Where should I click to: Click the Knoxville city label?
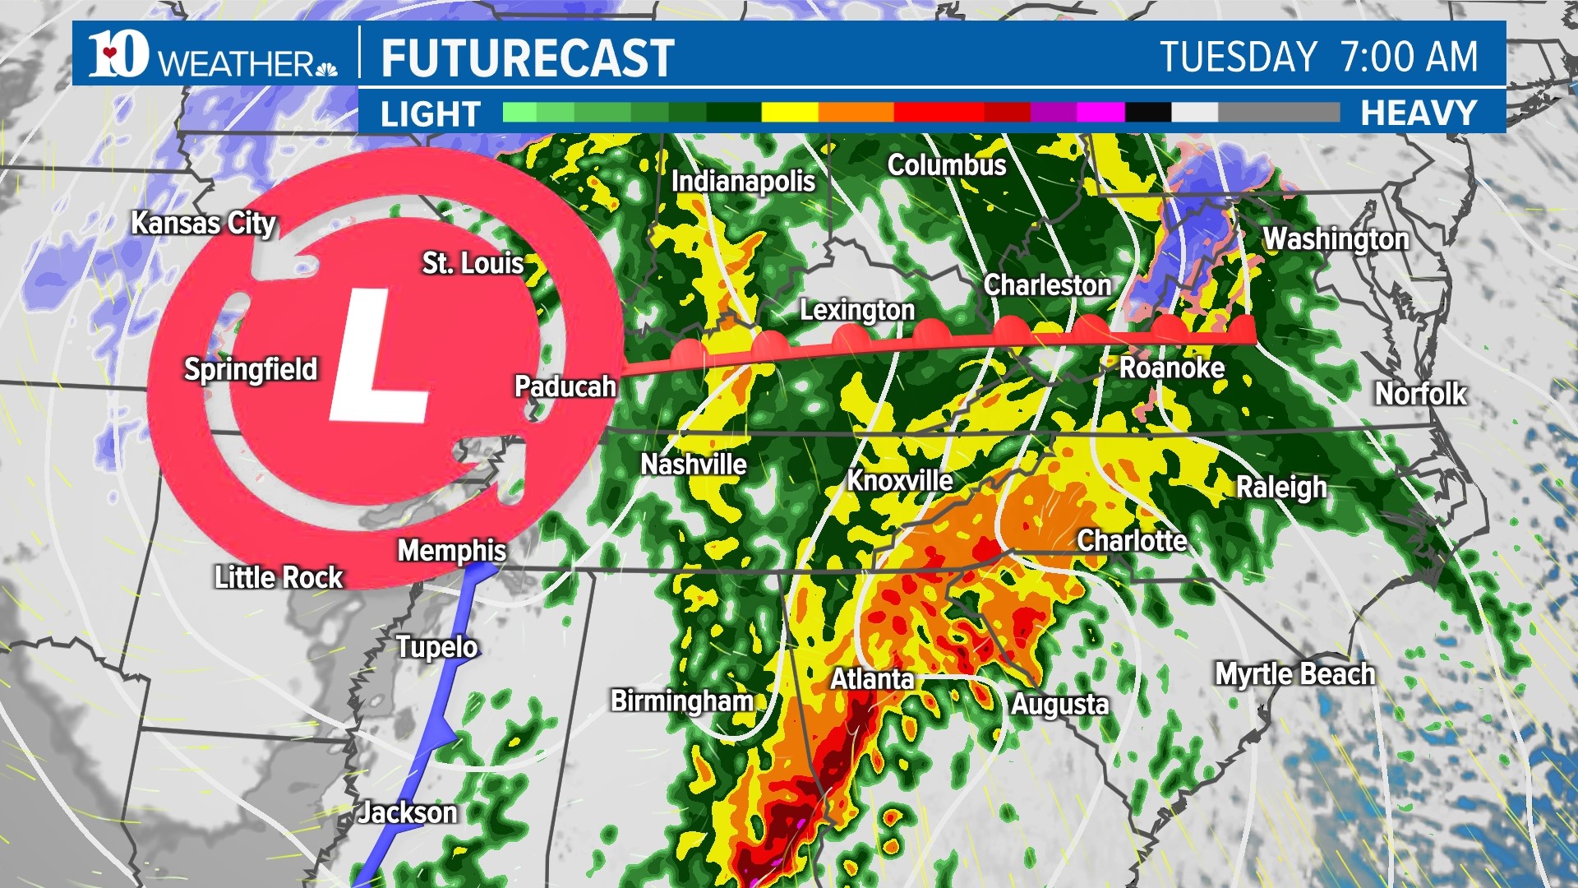tap(900, 480)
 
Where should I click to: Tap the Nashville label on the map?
tap(694, 465)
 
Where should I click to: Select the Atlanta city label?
tap(872, 679)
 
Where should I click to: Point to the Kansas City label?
tap(204, 223)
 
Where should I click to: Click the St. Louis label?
tap(473, 263)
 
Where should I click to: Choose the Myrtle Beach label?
tap(1294, 674)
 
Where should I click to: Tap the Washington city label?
tap(1336, 239)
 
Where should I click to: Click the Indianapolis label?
tap(743, 182)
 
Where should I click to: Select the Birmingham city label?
tap(682, 701)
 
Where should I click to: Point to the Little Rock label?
tap(279, 577)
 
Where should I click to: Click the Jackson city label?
tap(408, 812)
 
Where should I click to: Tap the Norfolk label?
tap(1421, 394)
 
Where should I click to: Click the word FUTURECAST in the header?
tap(528, 58)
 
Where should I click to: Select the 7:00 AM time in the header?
tap(1409, 58)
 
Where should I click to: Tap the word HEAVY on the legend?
tap(1419, 113)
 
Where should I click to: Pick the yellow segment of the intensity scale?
tap(790, 113)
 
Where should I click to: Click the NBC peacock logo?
tap(326, 67)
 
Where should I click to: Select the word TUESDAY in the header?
tap(1239, 58)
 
